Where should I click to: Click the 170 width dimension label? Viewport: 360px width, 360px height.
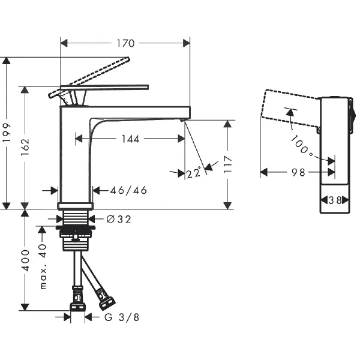pos(125,43)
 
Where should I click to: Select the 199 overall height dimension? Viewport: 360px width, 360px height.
pos(7,133)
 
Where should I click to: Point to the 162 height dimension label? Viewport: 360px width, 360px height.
pos(25,147)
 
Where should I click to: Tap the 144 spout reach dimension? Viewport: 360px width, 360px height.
pos(130,139)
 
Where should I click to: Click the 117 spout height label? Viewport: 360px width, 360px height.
pos(227,164)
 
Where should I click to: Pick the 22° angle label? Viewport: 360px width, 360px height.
pos(194,172)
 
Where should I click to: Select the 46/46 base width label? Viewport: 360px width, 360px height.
pos(128,190)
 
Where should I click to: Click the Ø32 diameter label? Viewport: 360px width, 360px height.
pos(119,219)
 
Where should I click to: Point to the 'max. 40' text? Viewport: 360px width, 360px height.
pos(43,267)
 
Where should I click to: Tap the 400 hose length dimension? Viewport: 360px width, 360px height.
pos(25,260)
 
